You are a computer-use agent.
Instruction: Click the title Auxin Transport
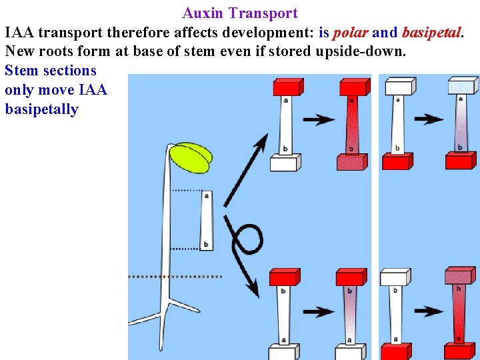(240, 13)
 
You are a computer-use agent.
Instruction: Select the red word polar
(351, 32)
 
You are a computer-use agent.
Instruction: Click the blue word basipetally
(41, 109)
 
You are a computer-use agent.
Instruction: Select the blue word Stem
(21, 71)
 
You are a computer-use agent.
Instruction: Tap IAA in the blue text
(91, 90)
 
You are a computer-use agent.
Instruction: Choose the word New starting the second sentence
(20, 51)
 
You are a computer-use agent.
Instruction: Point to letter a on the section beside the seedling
(206, 195)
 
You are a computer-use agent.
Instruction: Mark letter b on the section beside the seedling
(205, 245)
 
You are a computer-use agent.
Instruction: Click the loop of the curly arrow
(248, 237)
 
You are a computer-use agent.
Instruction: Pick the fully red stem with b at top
(459, 313)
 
